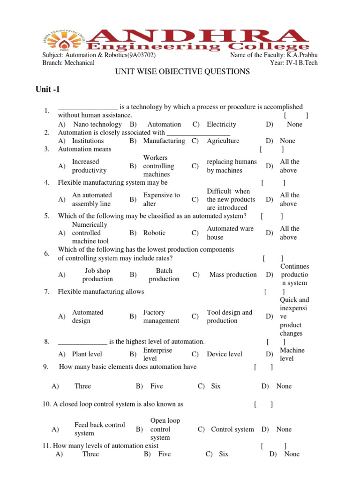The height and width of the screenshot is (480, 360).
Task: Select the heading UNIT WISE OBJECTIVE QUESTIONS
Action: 182,71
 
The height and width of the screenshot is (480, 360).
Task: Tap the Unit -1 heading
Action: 48,89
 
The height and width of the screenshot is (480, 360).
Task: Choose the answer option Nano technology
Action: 97,124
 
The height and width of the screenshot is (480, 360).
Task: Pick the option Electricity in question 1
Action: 221,124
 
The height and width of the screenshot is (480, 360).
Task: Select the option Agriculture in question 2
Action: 223,141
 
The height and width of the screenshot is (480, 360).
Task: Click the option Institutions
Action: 88,141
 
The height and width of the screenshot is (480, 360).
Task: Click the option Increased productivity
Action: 89,166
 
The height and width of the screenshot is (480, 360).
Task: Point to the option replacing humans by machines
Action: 232,166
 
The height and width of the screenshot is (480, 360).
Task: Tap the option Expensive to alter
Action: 161,199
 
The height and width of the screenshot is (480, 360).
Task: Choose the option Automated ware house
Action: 230,232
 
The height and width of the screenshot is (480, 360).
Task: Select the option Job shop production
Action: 97,275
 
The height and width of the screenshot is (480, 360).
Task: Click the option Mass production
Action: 233,275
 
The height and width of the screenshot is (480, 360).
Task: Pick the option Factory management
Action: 161,316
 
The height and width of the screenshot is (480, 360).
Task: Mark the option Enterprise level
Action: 157,354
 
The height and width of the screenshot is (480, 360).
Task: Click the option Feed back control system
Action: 99,429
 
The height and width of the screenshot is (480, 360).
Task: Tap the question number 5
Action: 47,216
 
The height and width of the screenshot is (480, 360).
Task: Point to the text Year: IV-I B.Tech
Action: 293,63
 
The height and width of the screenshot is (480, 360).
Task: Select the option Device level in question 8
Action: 225,354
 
